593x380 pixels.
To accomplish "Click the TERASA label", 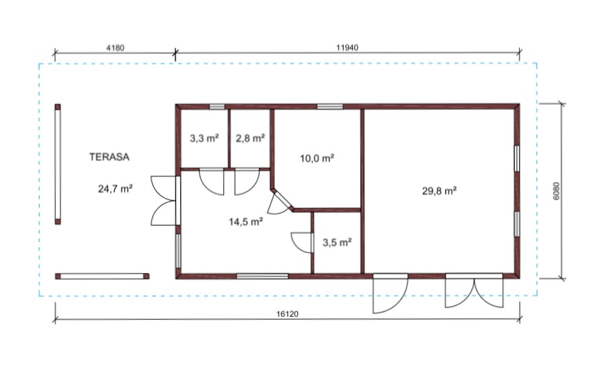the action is click(x=110, y=156).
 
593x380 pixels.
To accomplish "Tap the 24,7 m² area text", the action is click(x=115, y=188).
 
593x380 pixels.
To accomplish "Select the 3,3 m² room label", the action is click(x=204, y=138).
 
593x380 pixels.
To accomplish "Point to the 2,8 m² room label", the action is click(x=250, y=138).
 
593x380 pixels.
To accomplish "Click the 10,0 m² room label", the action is click(x=317, y=158).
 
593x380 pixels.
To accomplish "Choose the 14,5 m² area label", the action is click(x=246, y=222).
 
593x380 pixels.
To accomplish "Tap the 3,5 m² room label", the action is click(x=337, y=242).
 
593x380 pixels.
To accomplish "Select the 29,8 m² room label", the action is click(x=439, y=191).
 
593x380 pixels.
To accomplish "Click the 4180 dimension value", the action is click(x=116, y=48).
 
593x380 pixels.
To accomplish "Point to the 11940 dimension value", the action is click(x=347, y=48).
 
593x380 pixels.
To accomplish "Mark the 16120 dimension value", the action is click(x=288, y=314).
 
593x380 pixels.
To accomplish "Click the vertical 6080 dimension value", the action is click(x=556, y=191).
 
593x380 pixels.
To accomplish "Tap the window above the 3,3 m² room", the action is click(x=217, y=107).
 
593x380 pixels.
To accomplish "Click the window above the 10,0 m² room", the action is click(x=329, y=107).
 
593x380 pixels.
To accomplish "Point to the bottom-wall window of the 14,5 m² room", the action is click(x=262, y=276).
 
